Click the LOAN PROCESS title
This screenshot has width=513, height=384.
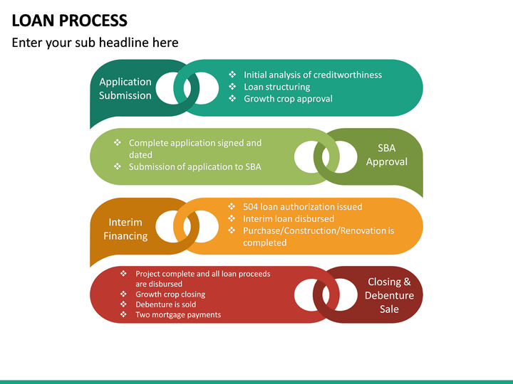[x=70, y=21]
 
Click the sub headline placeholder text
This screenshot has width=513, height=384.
[x=95, y=43]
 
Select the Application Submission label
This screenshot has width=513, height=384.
[x=125, y=88]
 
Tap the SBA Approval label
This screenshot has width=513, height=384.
[x=387, y=155]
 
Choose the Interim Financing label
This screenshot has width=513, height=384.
[x=125, y=229]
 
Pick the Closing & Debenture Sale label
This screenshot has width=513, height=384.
[x=389, y=295]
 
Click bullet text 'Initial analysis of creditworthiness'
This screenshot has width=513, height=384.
[x=313, y=75]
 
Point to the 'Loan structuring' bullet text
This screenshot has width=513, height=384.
[x=276, y=87]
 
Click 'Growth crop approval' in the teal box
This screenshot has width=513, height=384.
[x=288, y=99]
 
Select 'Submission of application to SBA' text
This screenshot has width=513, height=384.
[x=195, y=167]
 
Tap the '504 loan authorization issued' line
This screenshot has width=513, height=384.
[x=302, y=207]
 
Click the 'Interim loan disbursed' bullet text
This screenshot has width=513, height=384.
[x=289, y=219]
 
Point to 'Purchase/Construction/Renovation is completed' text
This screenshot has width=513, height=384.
[x=318, y=237]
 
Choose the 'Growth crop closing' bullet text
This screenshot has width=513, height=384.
[x=170, y=294]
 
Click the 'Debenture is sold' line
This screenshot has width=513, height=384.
[x=165, y=304]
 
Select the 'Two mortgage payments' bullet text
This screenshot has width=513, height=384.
[x=178, y=315]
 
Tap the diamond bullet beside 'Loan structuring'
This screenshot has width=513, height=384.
[x=232, y=87]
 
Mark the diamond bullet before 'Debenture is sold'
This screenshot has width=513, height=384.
[x=124, y=304]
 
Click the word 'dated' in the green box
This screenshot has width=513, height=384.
[x=140, y=155]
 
